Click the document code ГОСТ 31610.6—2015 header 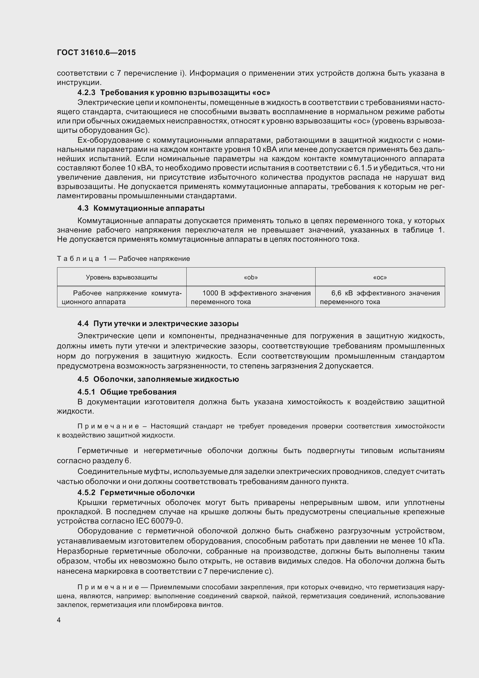[96, 52]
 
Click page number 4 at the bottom [59, 620]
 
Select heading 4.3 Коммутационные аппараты [141, 208]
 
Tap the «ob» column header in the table [251, 277]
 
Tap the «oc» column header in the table [380, 277]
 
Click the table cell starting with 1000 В [251, 297]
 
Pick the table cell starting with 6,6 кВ [380, 297]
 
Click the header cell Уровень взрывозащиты [122, 277]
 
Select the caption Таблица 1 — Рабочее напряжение [123, 259]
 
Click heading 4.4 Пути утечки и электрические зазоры [158, 324]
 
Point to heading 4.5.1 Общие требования [127, 392]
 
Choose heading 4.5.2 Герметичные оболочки [136, 492]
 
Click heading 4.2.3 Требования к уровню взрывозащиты [174, 93]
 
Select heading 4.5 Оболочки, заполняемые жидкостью [158, 379]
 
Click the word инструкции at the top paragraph [79, 82]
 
